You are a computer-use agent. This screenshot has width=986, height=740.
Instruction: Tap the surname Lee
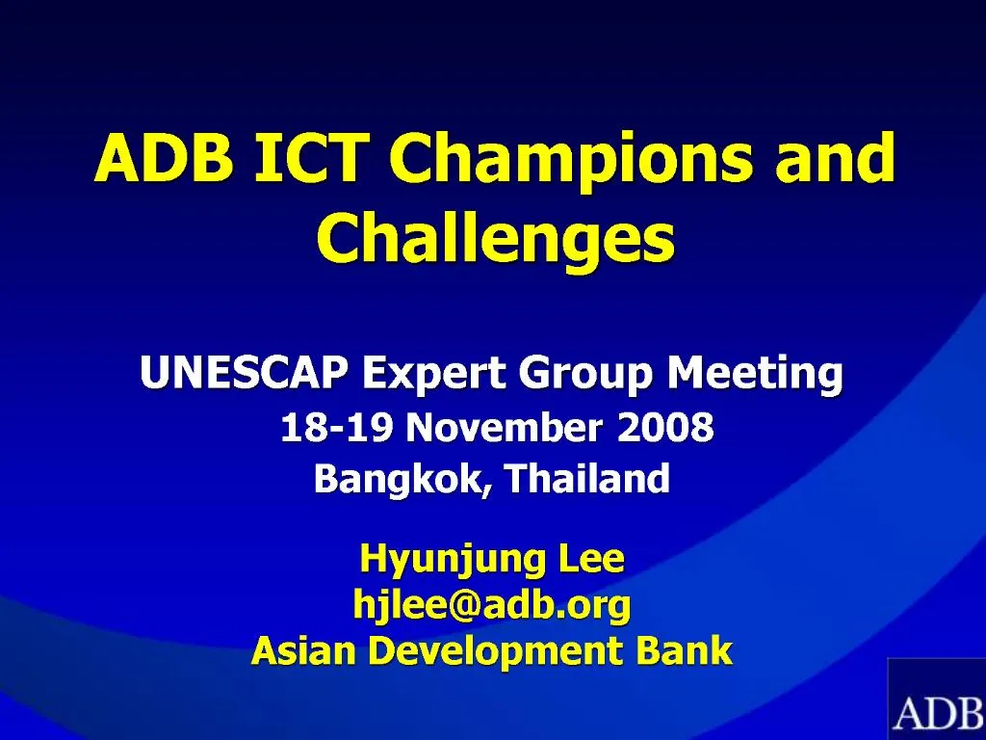[x=590, y=557]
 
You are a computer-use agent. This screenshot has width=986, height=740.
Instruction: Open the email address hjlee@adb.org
[x=492, y=606]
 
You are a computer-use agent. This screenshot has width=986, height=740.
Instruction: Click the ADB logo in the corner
[x=936, y=703]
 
